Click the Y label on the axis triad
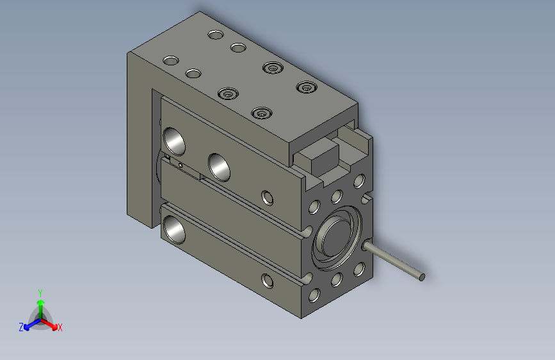40,291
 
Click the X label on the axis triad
60,327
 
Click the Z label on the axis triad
21,327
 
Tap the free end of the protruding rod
421,277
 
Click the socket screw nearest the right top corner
306,86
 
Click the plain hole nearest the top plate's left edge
170,61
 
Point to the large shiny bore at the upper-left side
174,140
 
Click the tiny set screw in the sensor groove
182,165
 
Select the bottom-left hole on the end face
314,295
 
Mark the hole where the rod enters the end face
367,245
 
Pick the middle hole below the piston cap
336,281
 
